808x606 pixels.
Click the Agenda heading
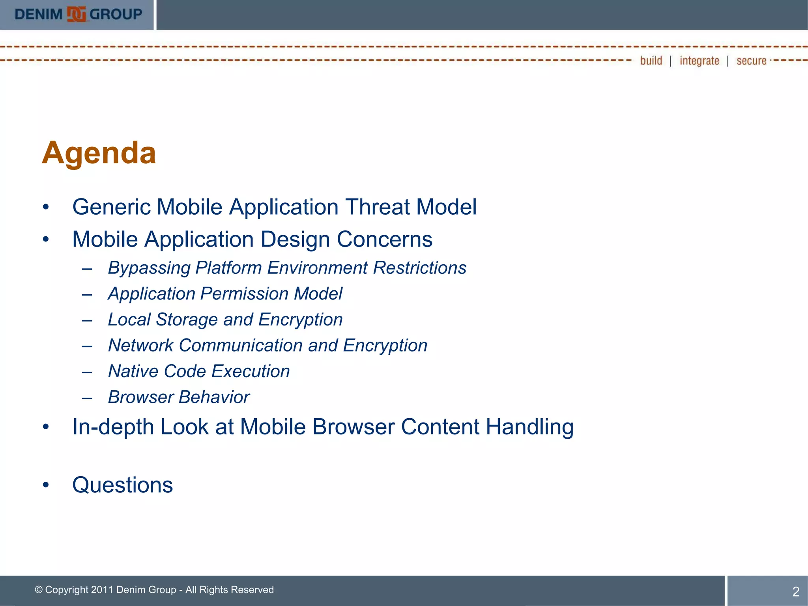click(x=99, y=153)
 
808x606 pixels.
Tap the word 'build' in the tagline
click(x=651, y=61)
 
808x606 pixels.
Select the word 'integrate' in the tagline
click(x=699, y=61)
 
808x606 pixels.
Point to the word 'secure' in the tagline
click(x=751, y=61)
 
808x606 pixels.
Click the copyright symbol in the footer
click(x=39, y=590)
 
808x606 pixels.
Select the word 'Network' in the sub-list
click(x=140, y=346)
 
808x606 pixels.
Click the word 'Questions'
click(x=122, y=485)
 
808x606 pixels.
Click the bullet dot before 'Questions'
click(x=46, y=485)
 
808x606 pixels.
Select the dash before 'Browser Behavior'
click(x=87, y=398)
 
